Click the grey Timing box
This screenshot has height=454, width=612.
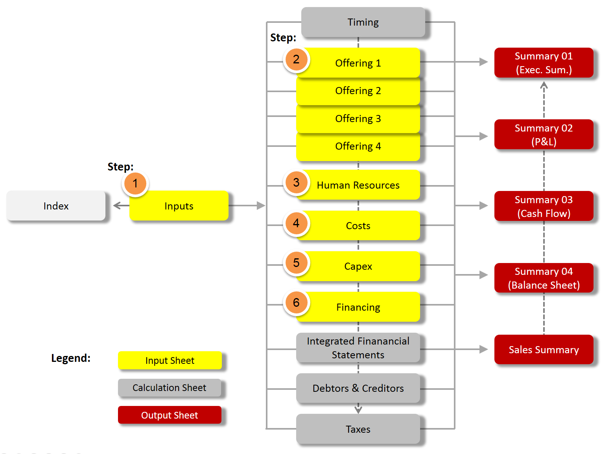click(x=363, y=22)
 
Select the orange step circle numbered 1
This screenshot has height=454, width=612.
click(x=135, y=183)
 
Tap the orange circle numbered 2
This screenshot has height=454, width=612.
click(x=296, y=60)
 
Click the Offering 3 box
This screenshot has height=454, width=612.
click(x=358, y=119)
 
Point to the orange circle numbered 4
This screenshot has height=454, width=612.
click(x=296, y=223)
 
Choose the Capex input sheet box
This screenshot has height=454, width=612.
click(x=358, y=267)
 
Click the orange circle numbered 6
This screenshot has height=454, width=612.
click(x=296, y=303)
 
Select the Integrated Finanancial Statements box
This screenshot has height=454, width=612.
click(x=358, y=348)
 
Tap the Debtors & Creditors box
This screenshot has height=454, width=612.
click(x=358, y=388)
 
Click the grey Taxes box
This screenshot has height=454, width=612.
click(x=358, y=429)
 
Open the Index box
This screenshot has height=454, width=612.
click(x=56, y=206)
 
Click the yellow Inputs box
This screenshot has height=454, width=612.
click(x=179, y=206)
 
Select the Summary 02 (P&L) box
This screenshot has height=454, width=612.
click(x=544, y=135)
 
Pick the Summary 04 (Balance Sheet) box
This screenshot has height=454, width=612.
click(x=544, y=278)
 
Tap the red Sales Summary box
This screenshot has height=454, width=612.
click(x=544, y=350)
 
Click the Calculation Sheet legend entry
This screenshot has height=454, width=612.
click(x=169, y=388)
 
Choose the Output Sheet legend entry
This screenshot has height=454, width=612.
click(x=169, y=415)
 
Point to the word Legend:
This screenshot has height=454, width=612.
click(x=71, y=358)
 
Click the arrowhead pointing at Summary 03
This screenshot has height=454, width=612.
click(x=483, y=206)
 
